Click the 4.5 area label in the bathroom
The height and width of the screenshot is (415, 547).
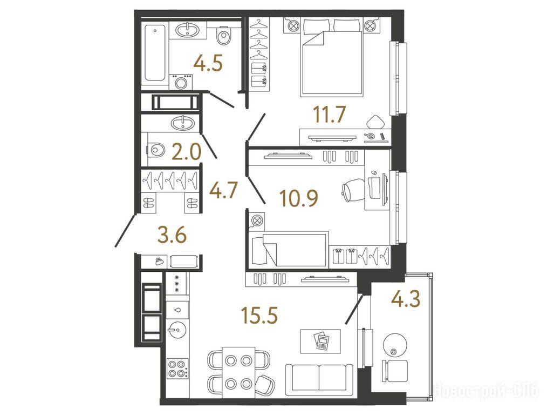tap(208, 64)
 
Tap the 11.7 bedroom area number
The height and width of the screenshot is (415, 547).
tap(329, 115)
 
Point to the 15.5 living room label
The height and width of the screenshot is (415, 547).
tap(259, 316)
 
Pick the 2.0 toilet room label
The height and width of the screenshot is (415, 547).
tap(187, 152)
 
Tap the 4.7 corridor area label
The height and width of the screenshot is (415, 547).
tap(223, 191)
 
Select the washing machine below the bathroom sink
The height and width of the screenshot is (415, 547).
tap(181, 82)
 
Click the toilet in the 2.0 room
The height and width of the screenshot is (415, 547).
tap(155, 150)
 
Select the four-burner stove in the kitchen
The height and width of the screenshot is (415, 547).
tap(177, 369)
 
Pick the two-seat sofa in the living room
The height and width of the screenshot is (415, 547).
tap(319, 380)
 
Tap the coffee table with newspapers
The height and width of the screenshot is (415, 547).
tap(321, 341)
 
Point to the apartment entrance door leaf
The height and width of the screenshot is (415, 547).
tap(125, 231)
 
